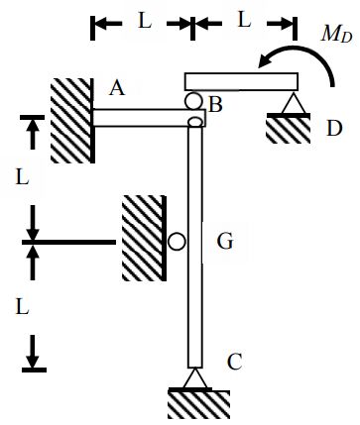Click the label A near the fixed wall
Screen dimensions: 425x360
pyautogui.click(x=117, y=88)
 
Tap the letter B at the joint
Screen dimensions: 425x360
pyautogui.click(x=215, y=103)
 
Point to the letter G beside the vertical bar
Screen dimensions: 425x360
pyautogui.click(x=224, y=240)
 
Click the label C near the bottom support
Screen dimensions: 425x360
pyautogui.click(x=234, y=362)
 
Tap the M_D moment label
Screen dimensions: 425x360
pyautogui.click(x=336, y=35)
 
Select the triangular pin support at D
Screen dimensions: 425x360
pyautogui.click(x=291, y=103)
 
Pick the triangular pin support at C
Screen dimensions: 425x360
pyautogui.click(x=195, y=378)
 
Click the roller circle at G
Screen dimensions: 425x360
pyautogui.click(x=176, y=241)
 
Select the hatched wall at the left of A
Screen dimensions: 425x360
pyautogui.click(x=71, y=119)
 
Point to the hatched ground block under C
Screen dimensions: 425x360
pyautogui.click(x=198, y=403)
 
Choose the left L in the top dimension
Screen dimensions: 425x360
pyautogui.click(x=144, y=21)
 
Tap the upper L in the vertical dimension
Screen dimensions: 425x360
pyautogui.click(x=22, y=178)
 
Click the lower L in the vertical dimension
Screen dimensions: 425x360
pyautogui.click(x=22, y=306)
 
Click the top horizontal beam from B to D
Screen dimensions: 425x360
pyautogui.click(x=241, y=81)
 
